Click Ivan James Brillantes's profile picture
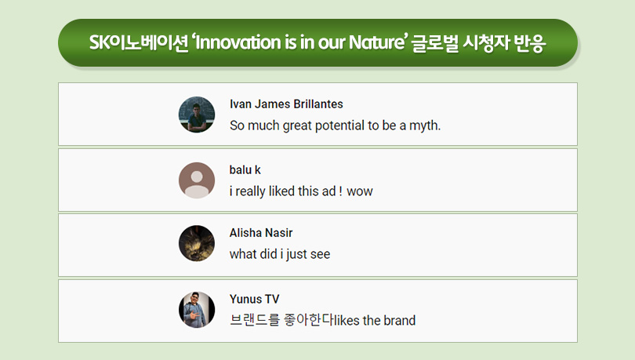[x=197, y=115]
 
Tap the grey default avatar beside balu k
[x=197, y=180]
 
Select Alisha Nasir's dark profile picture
[x=197, y=243]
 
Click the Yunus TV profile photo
[x=197, y=310]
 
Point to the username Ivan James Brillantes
[x=286, y=104]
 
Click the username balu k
[x=245, y=169]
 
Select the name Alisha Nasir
[x=261, y=233]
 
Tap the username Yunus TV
[x=254, y=300]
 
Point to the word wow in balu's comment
[x=360, y=191]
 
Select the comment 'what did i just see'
[x=280, y=254]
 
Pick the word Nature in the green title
[x=377, y=42]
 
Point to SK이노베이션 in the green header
[x=139, y=43]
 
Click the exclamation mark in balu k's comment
[x=340, y=191]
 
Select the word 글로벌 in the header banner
[x=435, y=43]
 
